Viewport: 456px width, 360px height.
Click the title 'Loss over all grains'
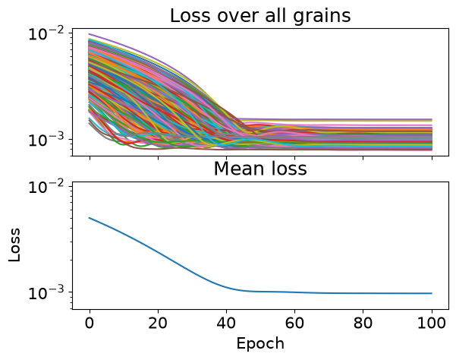point(260,16)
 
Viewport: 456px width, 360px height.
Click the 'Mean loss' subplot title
point(260,169)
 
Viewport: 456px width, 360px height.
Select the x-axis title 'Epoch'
point(260,344)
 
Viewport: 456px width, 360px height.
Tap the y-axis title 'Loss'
point(14,245)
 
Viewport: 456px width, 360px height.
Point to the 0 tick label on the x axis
point(90,323)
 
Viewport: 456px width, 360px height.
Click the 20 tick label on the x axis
point(158,323)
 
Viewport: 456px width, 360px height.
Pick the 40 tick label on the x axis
point(226,323)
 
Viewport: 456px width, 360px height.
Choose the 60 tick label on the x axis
point(294,323)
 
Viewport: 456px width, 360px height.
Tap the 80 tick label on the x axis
point(363,323)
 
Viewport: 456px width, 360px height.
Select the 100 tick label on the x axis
point(432,323)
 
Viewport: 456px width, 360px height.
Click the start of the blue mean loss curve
point(90,218)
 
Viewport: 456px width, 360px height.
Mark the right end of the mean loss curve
point(432,293)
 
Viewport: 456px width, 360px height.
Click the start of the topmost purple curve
point(90,34)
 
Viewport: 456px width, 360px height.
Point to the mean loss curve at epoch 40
point(226,286)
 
